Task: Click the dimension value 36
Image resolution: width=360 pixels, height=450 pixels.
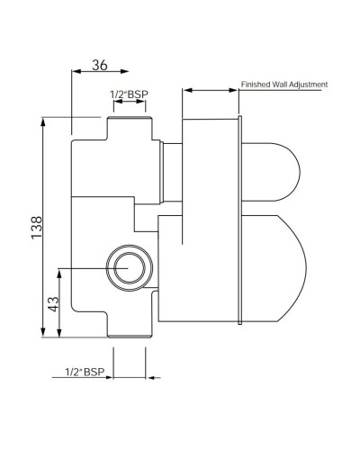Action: click(x=101, y=65)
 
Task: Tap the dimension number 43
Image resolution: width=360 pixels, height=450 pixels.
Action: click(x=54, y=304)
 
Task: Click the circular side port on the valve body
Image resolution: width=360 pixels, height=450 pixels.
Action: click(x=125, y=267)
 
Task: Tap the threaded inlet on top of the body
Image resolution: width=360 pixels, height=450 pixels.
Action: click(x=127, y=127)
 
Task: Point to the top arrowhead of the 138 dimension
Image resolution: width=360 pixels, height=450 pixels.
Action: click(x=42, y=122)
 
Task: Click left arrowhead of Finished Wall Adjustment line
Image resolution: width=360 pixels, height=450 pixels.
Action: click(x=186, y=89)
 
